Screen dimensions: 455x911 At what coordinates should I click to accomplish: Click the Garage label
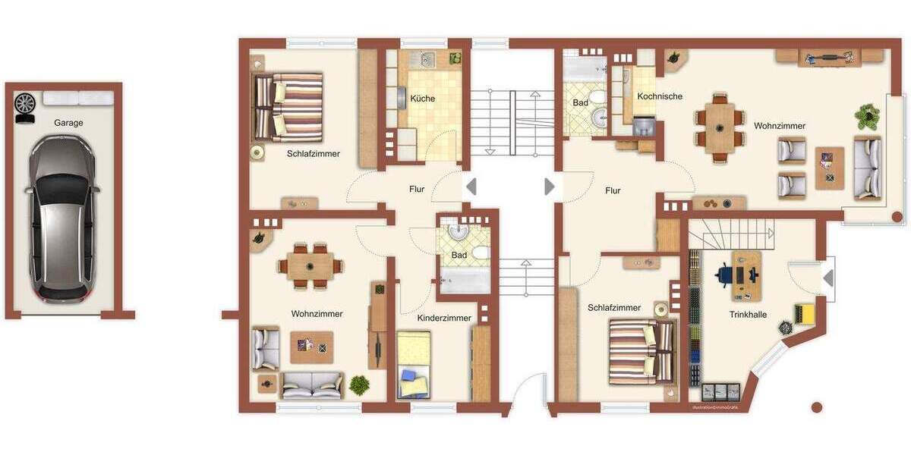68,123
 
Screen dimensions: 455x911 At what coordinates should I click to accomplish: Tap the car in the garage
62,217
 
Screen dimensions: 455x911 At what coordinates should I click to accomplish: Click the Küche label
423,99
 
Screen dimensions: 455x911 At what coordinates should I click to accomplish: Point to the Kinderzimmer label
444,318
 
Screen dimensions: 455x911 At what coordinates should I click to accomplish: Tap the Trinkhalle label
748,314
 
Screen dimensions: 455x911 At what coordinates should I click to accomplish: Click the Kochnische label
660,96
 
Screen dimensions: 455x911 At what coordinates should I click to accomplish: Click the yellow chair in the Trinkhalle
804,312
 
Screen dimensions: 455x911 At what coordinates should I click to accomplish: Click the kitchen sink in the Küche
427,58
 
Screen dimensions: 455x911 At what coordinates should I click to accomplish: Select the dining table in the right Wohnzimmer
718,128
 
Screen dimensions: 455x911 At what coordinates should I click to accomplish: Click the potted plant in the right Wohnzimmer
865,115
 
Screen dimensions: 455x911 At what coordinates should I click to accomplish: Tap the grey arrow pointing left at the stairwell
471,187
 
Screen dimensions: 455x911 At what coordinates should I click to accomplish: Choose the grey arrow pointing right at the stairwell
550,187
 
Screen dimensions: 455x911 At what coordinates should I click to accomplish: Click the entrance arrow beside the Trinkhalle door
828,278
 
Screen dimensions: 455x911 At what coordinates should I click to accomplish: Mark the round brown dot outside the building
817,407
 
